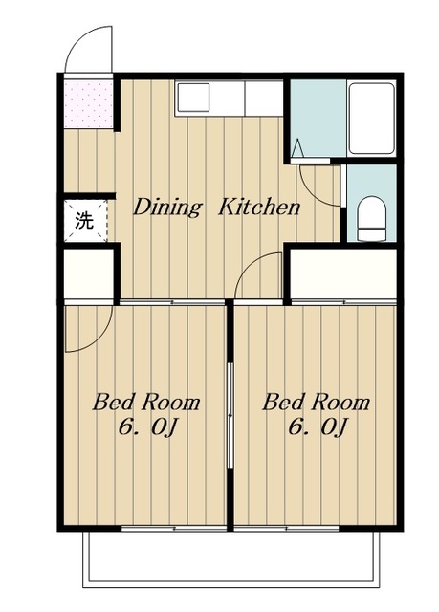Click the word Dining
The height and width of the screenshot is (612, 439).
coord(167,208)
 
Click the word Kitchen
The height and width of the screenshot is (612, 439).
coord(259,208)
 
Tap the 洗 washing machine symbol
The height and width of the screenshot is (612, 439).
coord(85,221)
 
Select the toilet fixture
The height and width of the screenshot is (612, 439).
coord(371,219)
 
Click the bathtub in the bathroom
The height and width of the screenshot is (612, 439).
coord(371,118)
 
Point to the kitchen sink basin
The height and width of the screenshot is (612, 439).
coord(193,98)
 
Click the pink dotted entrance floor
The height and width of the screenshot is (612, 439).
coord(89,104)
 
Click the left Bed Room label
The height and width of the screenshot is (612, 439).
coord(146,403)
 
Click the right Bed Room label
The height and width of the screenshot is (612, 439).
coord(316,403)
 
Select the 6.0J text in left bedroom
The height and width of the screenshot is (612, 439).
coord(148,428)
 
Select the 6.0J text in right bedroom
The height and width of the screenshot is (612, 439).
coord(318,428)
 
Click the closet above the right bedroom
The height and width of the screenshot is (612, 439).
coord(343,273)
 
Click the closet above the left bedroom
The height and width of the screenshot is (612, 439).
coord(89,273)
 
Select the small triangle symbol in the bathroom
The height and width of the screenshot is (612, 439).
coord(298,148)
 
